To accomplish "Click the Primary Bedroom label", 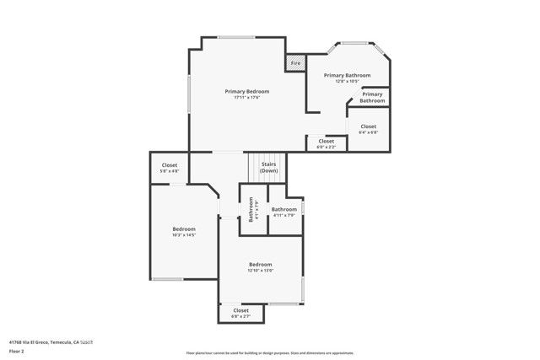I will (247, 91).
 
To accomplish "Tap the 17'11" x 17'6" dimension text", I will (247, 98).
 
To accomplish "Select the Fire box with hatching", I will (296, 63).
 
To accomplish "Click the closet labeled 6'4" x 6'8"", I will (368, 129).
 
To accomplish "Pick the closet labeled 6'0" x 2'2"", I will (326, 144).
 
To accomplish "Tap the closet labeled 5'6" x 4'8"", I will (170, 168).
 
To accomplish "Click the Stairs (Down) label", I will (269, 167).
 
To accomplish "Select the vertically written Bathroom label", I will (251, 208).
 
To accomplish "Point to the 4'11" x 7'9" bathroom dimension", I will (283, 215).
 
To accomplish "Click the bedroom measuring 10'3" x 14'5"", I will (184, 233).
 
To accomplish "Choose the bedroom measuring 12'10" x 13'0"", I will (260, 267).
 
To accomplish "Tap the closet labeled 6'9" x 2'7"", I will (240, 313).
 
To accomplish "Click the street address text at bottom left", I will (51, 341).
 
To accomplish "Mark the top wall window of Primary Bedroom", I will (231, 36).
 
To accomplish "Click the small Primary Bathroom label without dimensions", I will (372, 97).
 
